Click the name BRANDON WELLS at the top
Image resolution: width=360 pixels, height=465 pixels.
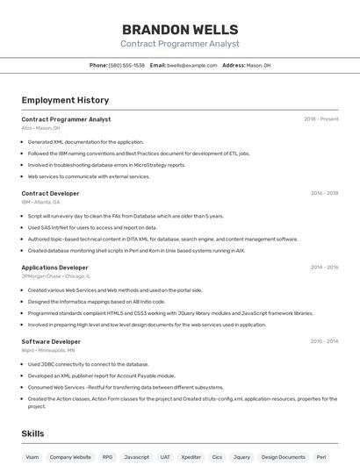coord(179,29)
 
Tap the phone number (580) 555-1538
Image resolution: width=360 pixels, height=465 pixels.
coord(126,65)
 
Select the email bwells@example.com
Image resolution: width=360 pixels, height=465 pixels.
coord(191,65)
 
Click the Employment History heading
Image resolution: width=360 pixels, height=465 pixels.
coord(65,100)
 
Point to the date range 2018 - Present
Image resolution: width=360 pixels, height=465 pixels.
coord(320,119)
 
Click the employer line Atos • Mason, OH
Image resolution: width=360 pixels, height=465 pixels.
coord(40,128)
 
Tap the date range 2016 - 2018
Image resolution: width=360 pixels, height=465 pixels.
coord(324,193)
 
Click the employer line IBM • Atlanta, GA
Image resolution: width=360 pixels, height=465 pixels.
coord(41,202)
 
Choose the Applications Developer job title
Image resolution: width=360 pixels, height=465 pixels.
coord(54,268)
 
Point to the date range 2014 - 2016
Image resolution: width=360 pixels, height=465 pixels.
coord(324,268)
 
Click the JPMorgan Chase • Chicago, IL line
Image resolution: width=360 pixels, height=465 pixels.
coord(54,276)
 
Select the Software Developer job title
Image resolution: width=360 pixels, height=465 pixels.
coord(51,341)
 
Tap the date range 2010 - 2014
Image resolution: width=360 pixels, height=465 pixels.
coord(324,341)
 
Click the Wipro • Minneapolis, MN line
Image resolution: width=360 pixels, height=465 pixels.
coord(48,350)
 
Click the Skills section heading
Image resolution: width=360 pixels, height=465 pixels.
coord(32,433)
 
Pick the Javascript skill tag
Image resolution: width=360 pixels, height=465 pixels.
coord(136,457)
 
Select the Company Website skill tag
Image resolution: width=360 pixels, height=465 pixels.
coord(70,457)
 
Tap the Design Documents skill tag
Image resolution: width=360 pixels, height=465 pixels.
coord(284,457)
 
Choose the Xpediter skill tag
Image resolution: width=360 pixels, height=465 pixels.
coord(191,457)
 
